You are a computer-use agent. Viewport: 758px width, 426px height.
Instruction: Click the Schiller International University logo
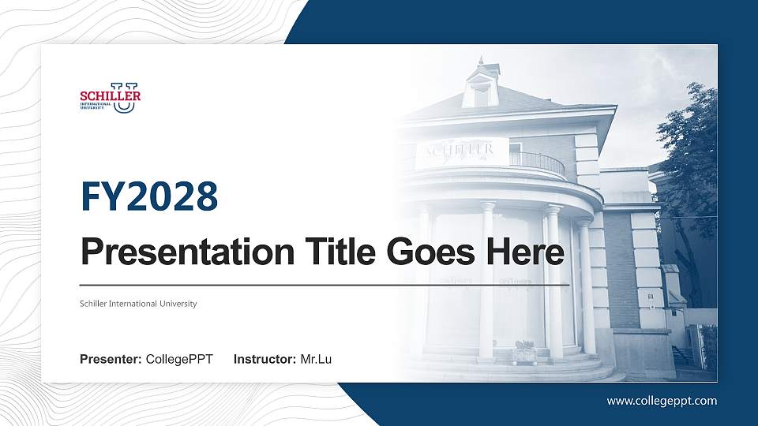click(x=111, y=97)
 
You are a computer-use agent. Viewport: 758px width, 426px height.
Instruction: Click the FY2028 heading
click(x=149, y=196)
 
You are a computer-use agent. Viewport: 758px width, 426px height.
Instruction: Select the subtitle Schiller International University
click(x=138, y=304)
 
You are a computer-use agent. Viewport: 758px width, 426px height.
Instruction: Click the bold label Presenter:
click(x=111, y=360)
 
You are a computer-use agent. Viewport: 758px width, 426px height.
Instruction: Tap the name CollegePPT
click(x=179, y=360)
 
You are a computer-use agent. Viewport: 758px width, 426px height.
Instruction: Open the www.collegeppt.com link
click(x=662, y=401)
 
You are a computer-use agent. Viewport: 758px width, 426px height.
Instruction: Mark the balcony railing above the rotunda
click(x=537, y=162)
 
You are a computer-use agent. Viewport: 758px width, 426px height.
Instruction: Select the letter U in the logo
click(x=125, y=99)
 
